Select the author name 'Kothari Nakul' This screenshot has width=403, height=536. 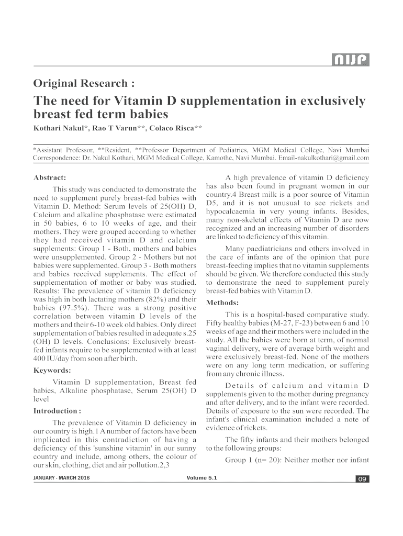pos(58,129)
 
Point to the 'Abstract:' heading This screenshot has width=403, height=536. pos(49,177)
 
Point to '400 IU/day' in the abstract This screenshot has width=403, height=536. pos(52,359)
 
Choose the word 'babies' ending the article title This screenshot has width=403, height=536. pos(147,114)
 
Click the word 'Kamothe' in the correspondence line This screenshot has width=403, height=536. pos(223,158)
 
